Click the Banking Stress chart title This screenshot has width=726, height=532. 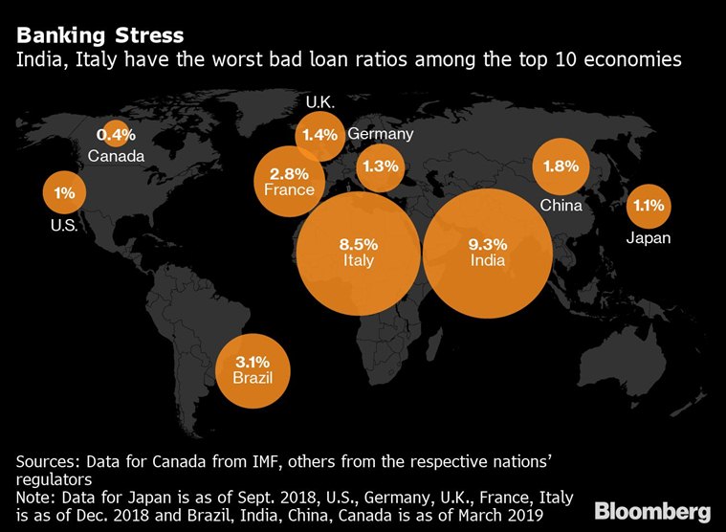point(99,37)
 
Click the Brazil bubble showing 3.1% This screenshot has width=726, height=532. point(253,369)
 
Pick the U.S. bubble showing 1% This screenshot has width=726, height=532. point(64,193)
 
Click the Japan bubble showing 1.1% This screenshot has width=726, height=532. point(649,205)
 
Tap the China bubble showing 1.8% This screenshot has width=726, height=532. point(561,166)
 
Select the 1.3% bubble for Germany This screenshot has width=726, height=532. point(380,166)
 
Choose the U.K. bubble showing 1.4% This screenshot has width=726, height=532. point(319,135)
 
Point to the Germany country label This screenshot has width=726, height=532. point(380,134)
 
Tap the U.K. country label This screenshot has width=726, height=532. point(319,102)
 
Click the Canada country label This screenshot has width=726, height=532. point(116,155)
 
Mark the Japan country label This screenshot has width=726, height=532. point(649,238)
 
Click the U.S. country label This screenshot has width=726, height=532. point(64,227)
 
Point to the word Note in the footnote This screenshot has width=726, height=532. point(34,497)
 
